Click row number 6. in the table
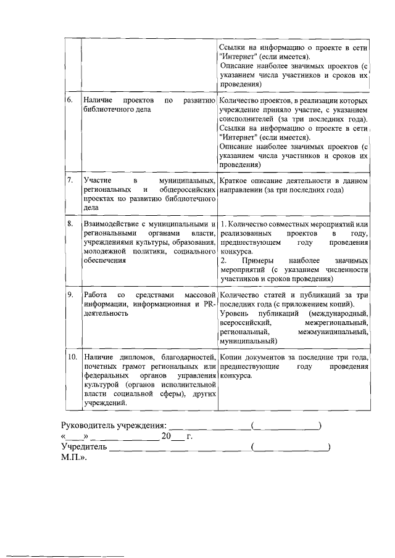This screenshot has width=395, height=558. click(x=71, y=99)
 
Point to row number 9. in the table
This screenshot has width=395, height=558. click(x=71, y=294)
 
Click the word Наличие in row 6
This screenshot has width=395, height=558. click(x=97, y=99)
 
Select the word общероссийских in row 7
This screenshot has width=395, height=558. click(x=186, y=190)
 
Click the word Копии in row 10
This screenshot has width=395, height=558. click(x=233, y=357)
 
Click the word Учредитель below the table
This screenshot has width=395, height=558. click(x=85, y=447)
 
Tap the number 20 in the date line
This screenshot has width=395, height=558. click(x=165, y=437)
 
